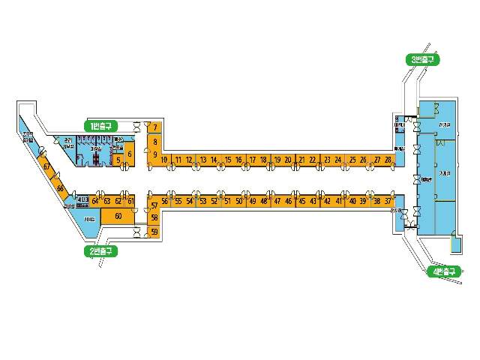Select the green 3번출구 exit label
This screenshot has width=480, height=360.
pos(422,59)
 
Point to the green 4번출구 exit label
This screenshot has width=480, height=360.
pos(440,271)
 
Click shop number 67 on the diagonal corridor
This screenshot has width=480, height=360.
pos(46,167)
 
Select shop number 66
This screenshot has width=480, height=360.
pos(60,189)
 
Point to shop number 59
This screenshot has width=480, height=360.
pos(154,232)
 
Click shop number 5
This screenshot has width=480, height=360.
pos(118,160)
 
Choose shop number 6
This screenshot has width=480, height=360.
pos(129,154)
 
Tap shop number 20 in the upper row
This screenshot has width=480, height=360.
pos(289,160)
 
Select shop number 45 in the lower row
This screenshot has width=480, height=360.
pos(301,201)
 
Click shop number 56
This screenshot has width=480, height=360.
pos(165,201)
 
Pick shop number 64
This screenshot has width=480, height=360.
pos(95,201)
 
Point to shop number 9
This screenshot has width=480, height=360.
pos(154,154)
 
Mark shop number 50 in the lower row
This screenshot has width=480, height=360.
pos(239,201)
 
